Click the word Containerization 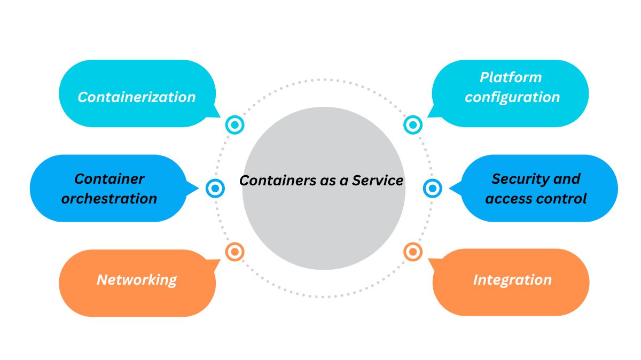click(137, 97)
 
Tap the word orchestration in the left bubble click(109, 199)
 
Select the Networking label click(136, 279)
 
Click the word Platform click(511, 77)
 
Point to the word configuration click(512, 97)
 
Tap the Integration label click(512, 279)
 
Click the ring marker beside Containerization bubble click(234, 125)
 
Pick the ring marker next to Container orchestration click(215, 188)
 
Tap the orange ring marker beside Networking click(234, 251)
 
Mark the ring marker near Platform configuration click(412, 125)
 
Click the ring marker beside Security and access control click(432, 188)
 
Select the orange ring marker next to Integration click(412, 251)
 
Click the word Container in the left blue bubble click(109, 178)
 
